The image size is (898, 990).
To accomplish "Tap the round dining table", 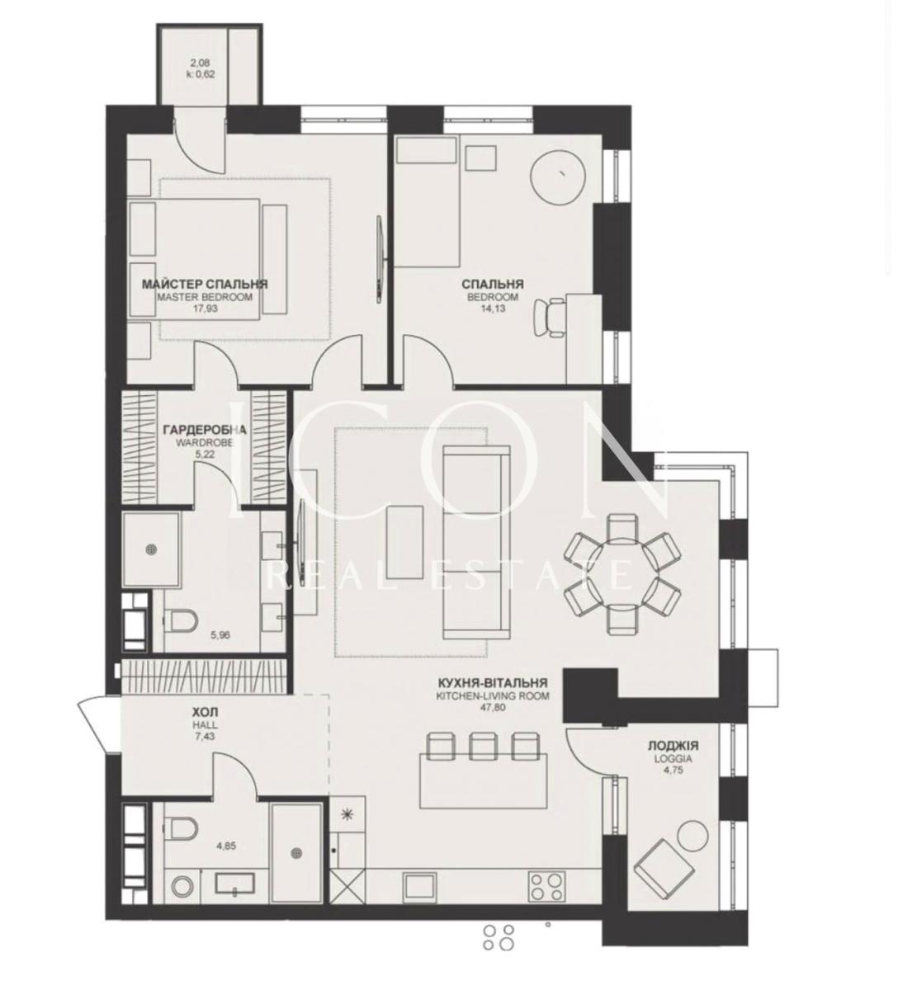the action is pos(622,573).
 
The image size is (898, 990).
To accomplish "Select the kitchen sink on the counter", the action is pos(420,889).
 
